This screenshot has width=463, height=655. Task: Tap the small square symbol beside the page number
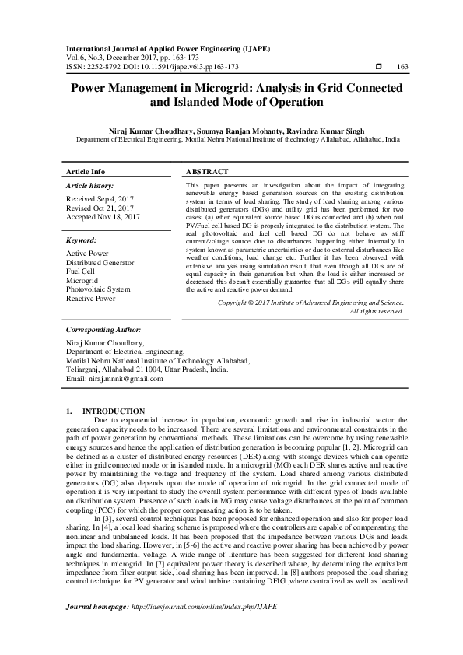pyautogui.click(x=378, y=67)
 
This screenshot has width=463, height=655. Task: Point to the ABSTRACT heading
pyautogui.click(x=207, y=171)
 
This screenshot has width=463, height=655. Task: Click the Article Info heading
pyautogui.click(x=86, y=171)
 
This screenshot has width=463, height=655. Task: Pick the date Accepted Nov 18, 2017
pyautogui.click(x=103, y=218)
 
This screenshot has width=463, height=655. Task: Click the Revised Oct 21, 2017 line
pyautogui.click(x=101, y=208)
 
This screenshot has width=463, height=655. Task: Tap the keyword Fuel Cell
pyautogui.click(x=81, y=271)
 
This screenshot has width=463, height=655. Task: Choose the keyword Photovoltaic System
pyautogui.click(x=98, y=289)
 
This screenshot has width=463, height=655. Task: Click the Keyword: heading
pyautogui.click(x=81, y=241)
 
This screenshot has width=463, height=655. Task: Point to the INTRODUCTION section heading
pyautogui.click(x=113, y=411)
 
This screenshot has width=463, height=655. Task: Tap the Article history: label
pyautogui.click(x=89, y=187)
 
